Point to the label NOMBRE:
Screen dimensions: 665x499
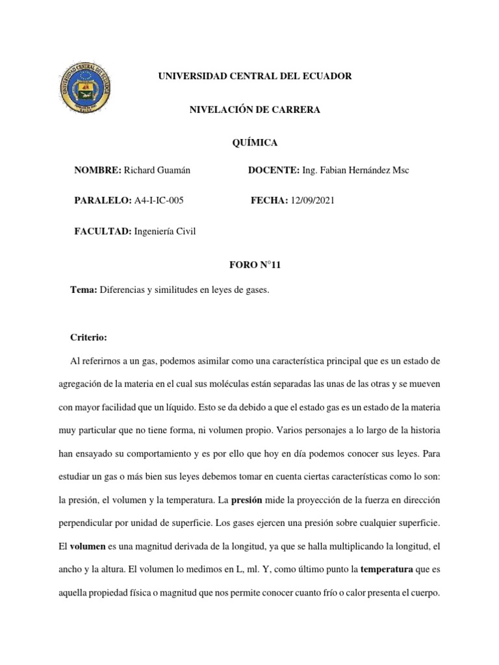[98, 170]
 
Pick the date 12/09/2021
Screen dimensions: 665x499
[312, 201]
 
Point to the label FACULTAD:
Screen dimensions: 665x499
[103, 232]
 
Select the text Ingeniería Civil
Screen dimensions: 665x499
[165, 232]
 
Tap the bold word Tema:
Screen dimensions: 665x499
[83, 291]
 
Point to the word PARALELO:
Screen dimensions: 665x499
[103, 201]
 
